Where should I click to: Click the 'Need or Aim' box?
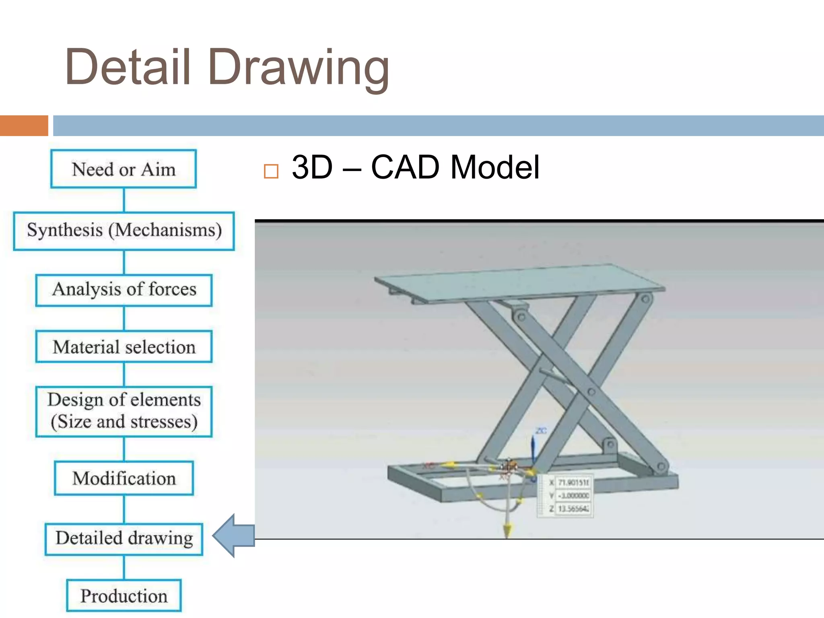click(124, 169)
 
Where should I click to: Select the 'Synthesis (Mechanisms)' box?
click(124, 231)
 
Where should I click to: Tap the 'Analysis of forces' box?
click(124, 290)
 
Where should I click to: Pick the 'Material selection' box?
click(124, 347)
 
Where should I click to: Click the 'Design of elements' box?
click(124, 411)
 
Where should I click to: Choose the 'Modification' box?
click(124, 478)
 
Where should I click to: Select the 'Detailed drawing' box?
click(124, 539)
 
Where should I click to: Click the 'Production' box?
click(124, 596)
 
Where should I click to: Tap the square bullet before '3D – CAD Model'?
click(271, 171)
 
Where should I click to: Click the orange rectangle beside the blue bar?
click(24, 126)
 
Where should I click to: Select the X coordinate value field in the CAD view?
click(573, 482)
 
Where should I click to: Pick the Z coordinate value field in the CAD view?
click(573, 509)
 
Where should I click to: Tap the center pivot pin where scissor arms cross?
click(591, 391)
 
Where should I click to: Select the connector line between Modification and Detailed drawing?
click(124, 509)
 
